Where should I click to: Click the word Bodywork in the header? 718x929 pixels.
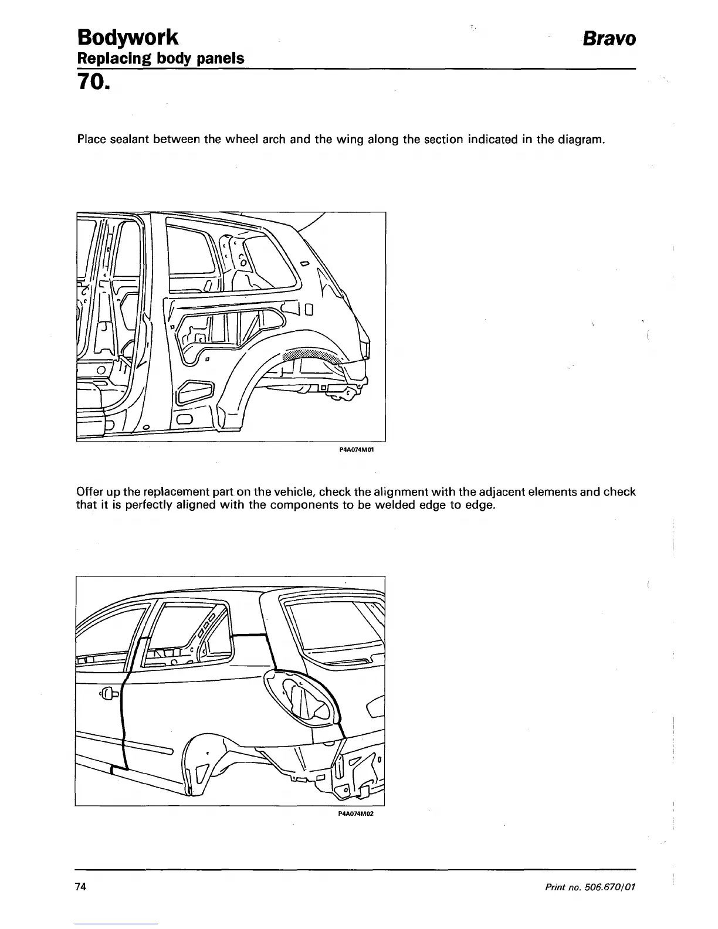tap(127, 37)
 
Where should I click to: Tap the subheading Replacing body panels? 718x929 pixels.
tap(161, 59)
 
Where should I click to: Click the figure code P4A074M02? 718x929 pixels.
tap(356, 813)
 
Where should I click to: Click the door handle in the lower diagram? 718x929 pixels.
tap(110, 695)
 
